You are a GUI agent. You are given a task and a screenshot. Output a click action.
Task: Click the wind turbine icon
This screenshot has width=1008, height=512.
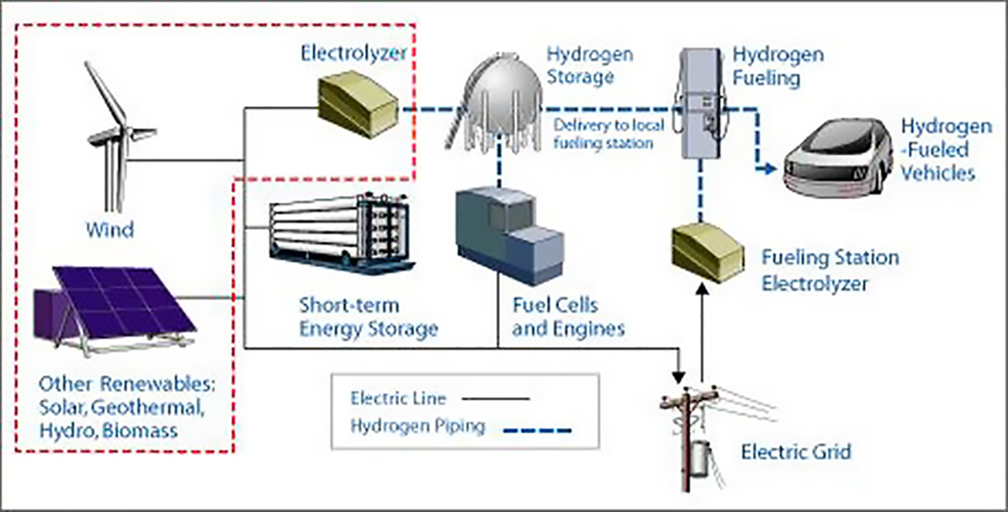click(x=117, y=136)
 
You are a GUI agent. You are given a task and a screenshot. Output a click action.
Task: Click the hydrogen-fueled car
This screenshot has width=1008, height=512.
click(x=834, y=158)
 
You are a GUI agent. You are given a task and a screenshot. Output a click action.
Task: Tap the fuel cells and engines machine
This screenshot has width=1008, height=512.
click(x=507, y=234)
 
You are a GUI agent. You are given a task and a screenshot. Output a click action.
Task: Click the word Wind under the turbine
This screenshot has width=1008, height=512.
click(x=110, y=230)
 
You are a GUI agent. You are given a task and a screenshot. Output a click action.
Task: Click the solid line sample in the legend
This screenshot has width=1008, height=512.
click(x=495, y=399)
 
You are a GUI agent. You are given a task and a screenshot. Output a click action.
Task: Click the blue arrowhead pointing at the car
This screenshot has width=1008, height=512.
click(x=769, y=169)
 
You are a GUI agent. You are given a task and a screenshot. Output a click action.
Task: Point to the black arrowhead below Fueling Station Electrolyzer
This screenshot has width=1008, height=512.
click(x=703, y=289)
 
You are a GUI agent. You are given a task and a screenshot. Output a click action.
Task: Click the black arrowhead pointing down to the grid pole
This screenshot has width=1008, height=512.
click(x=678, y=377)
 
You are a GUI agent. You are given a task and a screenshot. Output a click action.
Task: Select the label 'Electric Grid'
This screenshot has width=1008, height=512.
click(x=796, y=452)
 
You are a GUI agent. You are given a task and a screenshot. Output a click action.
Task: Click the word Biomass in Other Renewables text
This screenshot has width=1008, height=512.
click(x=139, y=431)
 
